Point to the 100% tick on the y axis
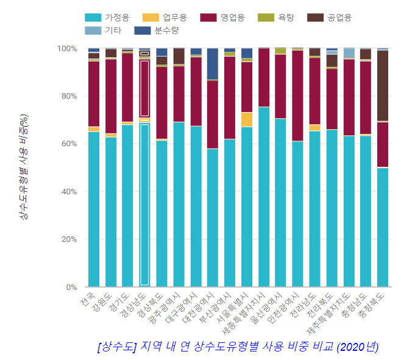pyautogui.click(x=66, y=48)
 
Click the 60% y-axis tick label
pyautogui.click(x=69, y=144)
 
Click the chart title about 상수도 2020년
pyautogui.click(x=238, y=347)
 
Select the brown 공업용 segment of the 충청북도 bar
pyautogui.click(x=383, y=85)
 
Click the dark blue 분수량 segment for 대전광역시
pyautogui.click(x=213, y=63)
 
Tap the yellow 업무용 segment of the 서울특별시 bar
pyautogui.click(x=247, y=119)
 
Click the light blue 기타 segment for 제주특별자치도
pyautogui.click(x=349, y=53)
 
